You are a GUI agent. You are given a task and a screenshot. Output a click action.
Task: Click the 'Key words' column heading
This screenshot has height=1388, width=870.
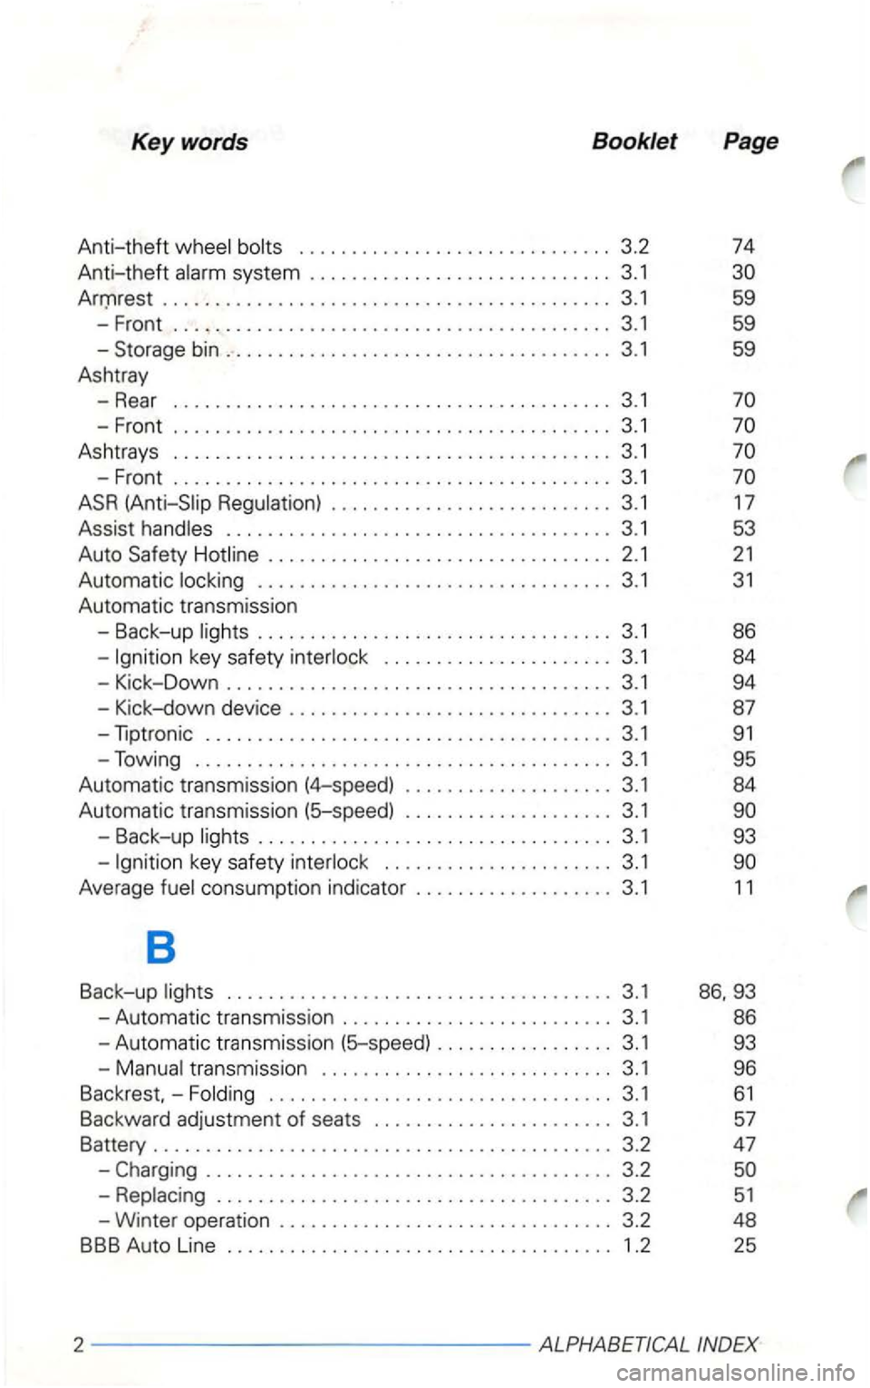click(x=189, y=142)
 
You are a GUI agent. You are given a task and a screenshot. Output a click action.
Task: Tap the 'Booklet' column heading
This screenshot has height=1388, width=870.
click(x=634, y=141)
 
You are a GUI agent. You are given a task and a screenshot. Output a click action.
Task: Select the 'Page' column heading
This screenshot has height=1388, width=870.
click(x=750, y=141)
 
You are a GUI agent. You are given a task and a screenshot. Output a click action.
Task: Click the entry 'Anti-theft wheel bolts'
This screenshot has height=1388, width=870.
click(x=180, y=247)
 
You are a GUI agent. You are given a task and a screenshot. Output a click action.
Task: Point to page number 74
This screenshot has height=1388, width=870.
click(x=743, y=247)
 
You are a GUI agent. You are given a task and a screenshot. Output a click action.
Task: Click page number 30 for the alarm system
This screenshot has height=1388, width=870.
click(x=743, y=272)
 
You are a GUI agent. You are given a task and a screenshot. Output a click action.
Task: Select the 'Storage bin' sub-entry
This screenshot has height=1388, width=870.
click(x=167, y=349)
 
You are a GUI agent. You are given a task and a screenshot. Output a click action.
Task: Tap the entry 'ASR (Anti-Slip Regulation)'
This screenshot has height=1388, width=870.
click(x=200, y=502)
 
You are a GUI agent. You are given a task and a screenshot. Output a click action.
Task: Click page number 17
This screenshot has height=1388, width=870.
click(x=743, y=502)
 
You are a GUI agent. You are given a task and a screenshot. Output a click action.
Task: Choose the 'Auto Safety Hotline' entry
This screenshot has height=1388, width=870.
click(x=169, y=554)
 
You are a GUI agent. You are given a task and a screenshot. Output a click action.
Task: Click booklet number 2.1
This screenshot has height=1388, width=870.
click(x=635, y=554)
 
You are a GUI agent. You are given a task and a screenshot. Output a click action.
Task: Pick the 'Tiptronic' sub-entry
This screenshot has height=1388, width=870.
click(x=154, y=733)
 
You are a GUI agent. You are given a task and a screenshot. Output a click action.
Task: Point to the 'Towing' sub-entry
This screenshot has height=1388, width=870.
click(x=148, y=759)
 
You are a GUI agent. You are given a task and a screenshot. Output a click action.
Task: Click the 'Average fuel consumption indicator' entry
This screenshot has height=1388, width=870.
click(x=242, y=888)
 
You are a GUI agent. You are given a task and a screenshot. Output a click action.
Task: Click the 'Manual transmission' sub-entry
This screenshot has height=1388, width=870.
click(x=211, y=1069)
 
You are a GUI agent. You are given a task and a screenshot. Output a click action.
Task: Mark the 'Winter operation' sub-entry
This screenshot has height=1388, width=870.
click(x=192, y=1220)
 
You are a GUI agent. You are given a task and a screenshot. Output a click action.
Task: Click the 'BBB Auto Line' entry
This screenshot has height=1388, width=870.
click(x=148, y=1246)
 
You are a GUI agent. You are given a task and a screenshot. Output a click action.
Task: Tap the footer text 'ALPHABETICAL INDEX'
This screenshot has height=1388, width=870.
click(x=648, y=1344)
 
